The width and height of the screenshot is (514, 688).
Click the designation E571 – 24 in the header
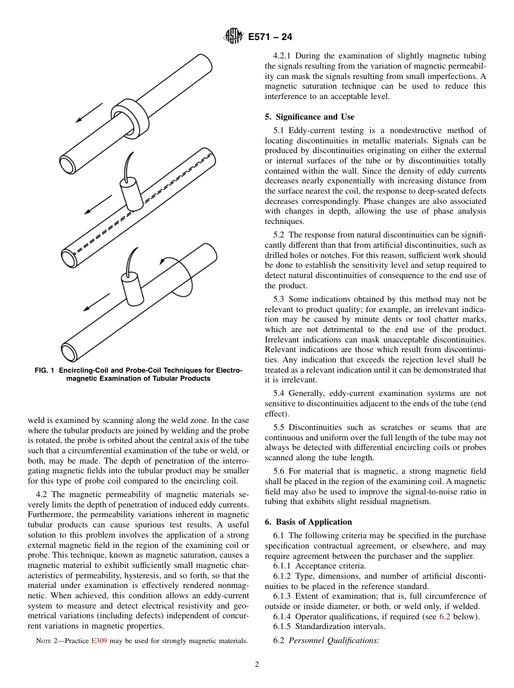click(x=270, y=37)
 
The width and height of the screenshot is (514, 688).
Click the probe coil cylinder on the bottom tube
click(x=131, y=287)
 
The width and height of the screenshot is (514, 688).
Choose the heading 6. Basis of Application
click(x=308, y=522)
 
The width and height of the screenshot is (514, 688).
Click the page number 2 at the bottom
click(x=257, y=665)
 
